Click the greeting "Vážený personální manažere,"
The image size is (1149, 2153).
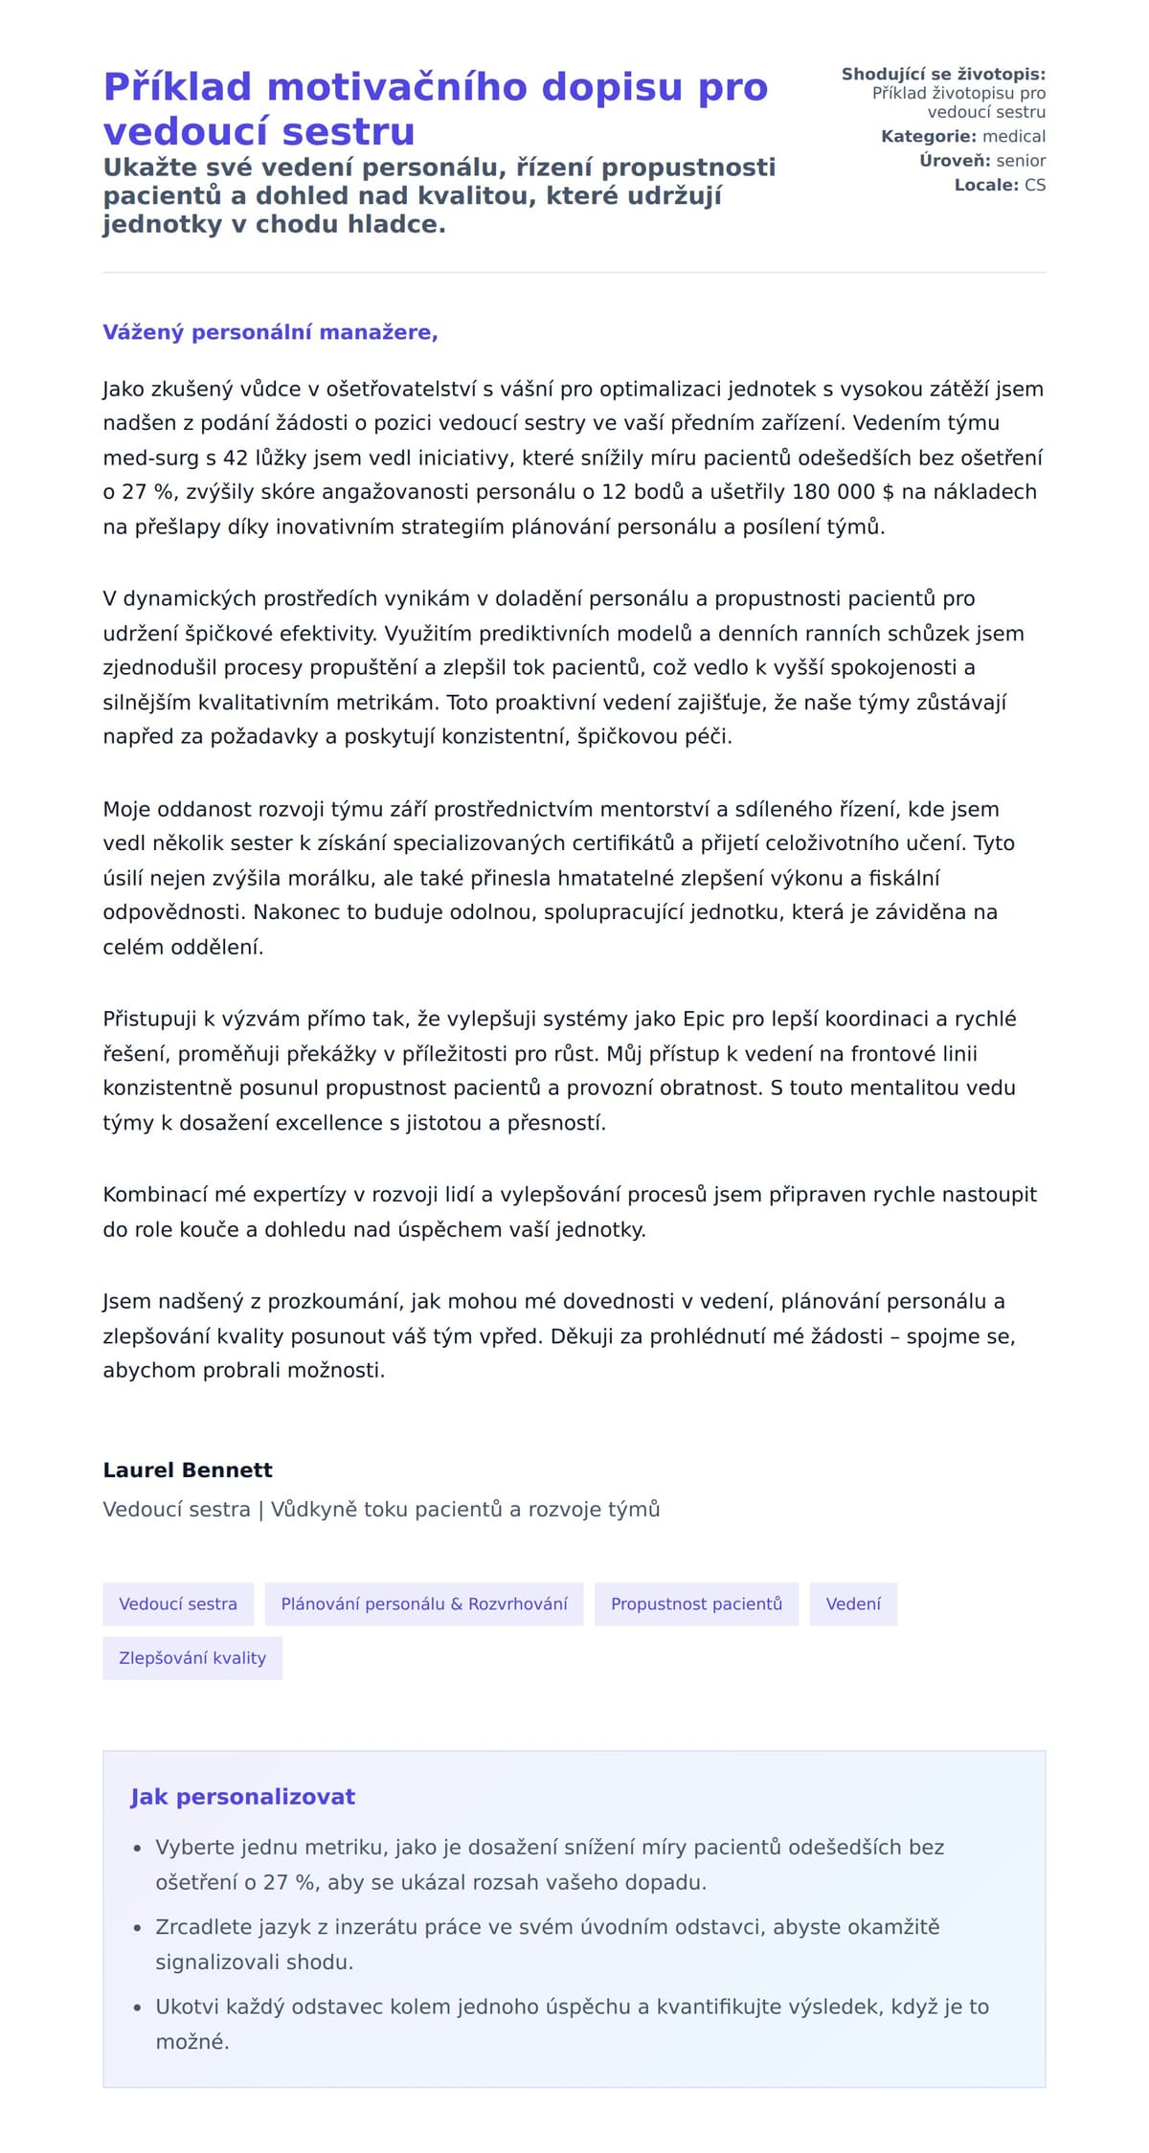pyautogui.click(x=270, y=332)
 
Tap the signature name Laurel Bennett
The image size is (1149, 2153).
pyautogui.click(x=188, y=1469)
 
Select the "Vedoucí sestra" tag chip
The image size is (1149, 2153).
pyautogui.click(x=178, y=1604)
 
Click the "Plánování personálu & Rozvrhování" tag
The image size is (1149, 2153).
pyautogui.click(x=424, y=1604)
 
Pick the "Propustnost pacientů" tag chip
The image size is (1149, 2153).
pyautogui.click(x=696, y=1604)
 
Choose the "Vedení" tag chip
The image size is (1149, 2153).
pyautogui.click(x=853, y=1604)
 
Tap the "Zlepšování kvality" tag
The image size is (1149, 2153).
pyautogui.click(x=192, y=1658)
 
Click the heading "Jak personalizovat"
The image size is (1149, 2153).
pyautogui.click(x=242, y=1797)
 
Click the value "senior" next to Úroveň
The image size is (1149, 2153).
pyautogui.click(x=1021, y=161)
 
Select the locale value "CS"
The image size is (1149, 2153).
pyautogui.click(x=1035, y=185)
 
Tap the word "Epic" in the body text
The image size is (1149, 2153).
pyautogui.click(x=703, y=1019)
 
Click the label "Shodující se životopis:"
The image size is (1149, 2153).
pyautogui.click(x=943, y=75)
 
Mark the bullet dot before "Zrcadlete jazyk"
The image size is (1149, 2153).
pyautogui.click(x=137, y=1928)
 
